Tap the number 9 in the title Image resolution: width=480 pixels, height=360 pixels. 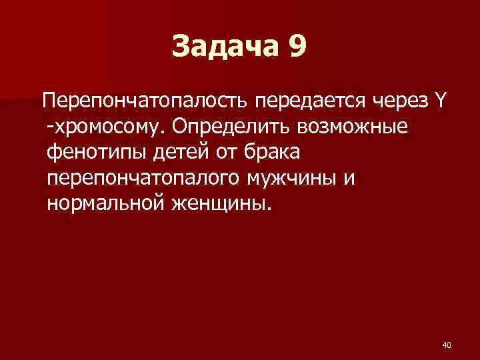click(299, 47)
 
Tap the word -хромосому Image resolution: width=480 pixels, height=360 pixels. click(102, 127)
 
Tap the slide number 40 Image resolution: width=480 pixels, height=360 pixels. click(447, 345)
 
